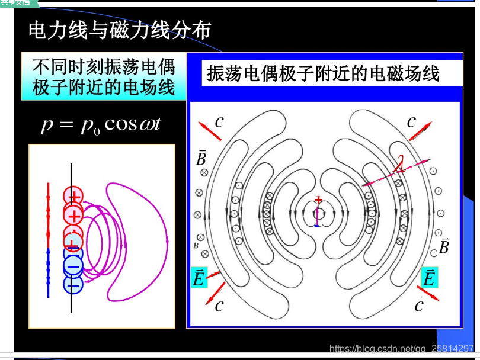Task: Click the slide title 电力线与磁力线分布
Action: tap(119, 30)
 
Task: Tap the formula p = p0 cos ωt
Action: tap(101, 125)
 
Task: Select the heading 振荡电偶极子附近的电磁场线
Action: tap(323, 73)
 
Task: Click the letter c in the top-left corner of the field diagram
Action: tap(219, 122)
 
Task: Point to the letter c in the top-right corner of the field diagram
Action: tap(411, 122)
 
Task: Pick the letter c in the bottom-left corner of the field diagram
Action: tap(219, 306)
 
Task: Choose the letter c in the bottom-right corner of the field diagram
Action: tap(419, 306)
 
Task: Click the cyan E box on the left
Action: tap(199, 278)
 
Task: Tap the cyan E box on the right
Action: tap(428, 277)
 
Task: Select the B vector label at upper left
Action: tap(201, 157)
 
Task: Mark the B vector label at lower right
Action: tap(443, 246)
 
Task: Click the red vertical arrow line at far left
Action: tap(49, 213)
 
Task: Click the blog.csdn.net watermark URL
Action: tap(401, 349)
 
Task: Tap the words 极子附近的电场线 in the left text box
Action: tap(104, 88)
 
